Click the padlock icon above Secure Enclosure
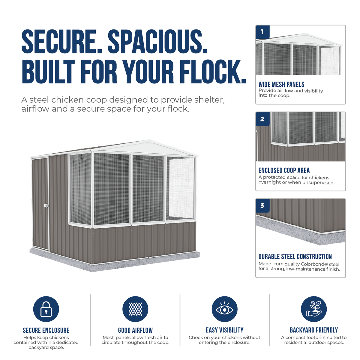46,309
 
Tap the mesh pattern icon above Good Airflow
135,309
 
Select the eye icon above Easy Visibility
225,309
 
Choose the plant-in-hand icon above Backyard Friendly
314,309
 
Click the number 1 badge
262,32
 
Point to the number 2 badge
262,119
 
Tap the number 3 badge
262,206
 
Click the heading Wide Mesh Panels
281,84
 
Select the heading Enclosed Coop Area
284,170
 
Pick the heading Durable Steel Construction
295,256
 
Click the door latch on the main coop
46,206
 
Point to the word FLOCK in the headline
211,72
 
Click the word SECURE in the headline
62,41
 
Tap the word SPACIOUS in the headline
157,41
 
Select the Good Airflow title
135,330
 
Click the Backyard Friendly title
314,330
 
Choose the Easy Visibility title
225,330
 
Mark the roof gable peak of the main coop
148,140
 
